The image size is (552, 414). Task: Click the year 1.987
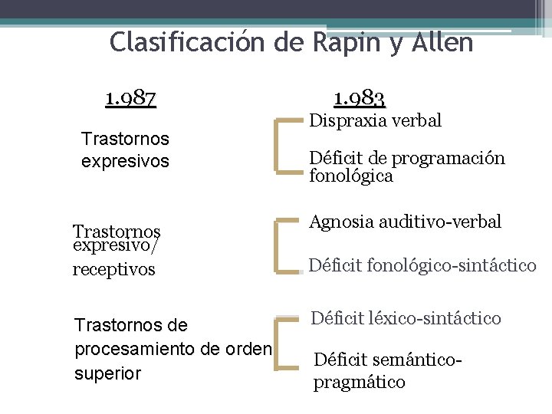(131, 98)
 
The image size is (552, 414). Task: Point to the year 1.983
(360, 98)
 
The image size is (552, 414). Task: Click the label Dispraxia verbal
(375, 120)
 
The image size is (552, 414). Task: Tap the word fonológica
(351, 176)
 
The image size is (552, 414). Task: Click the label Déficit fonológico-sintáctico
(422, 266)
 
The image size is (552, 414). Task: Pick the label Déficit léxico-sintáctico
(406, 317)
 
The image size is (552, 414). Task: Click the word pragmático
(359, 382)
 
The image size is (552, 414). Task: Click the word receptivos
(113, 269)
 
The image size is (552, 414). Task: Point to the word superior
(107, 374)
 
